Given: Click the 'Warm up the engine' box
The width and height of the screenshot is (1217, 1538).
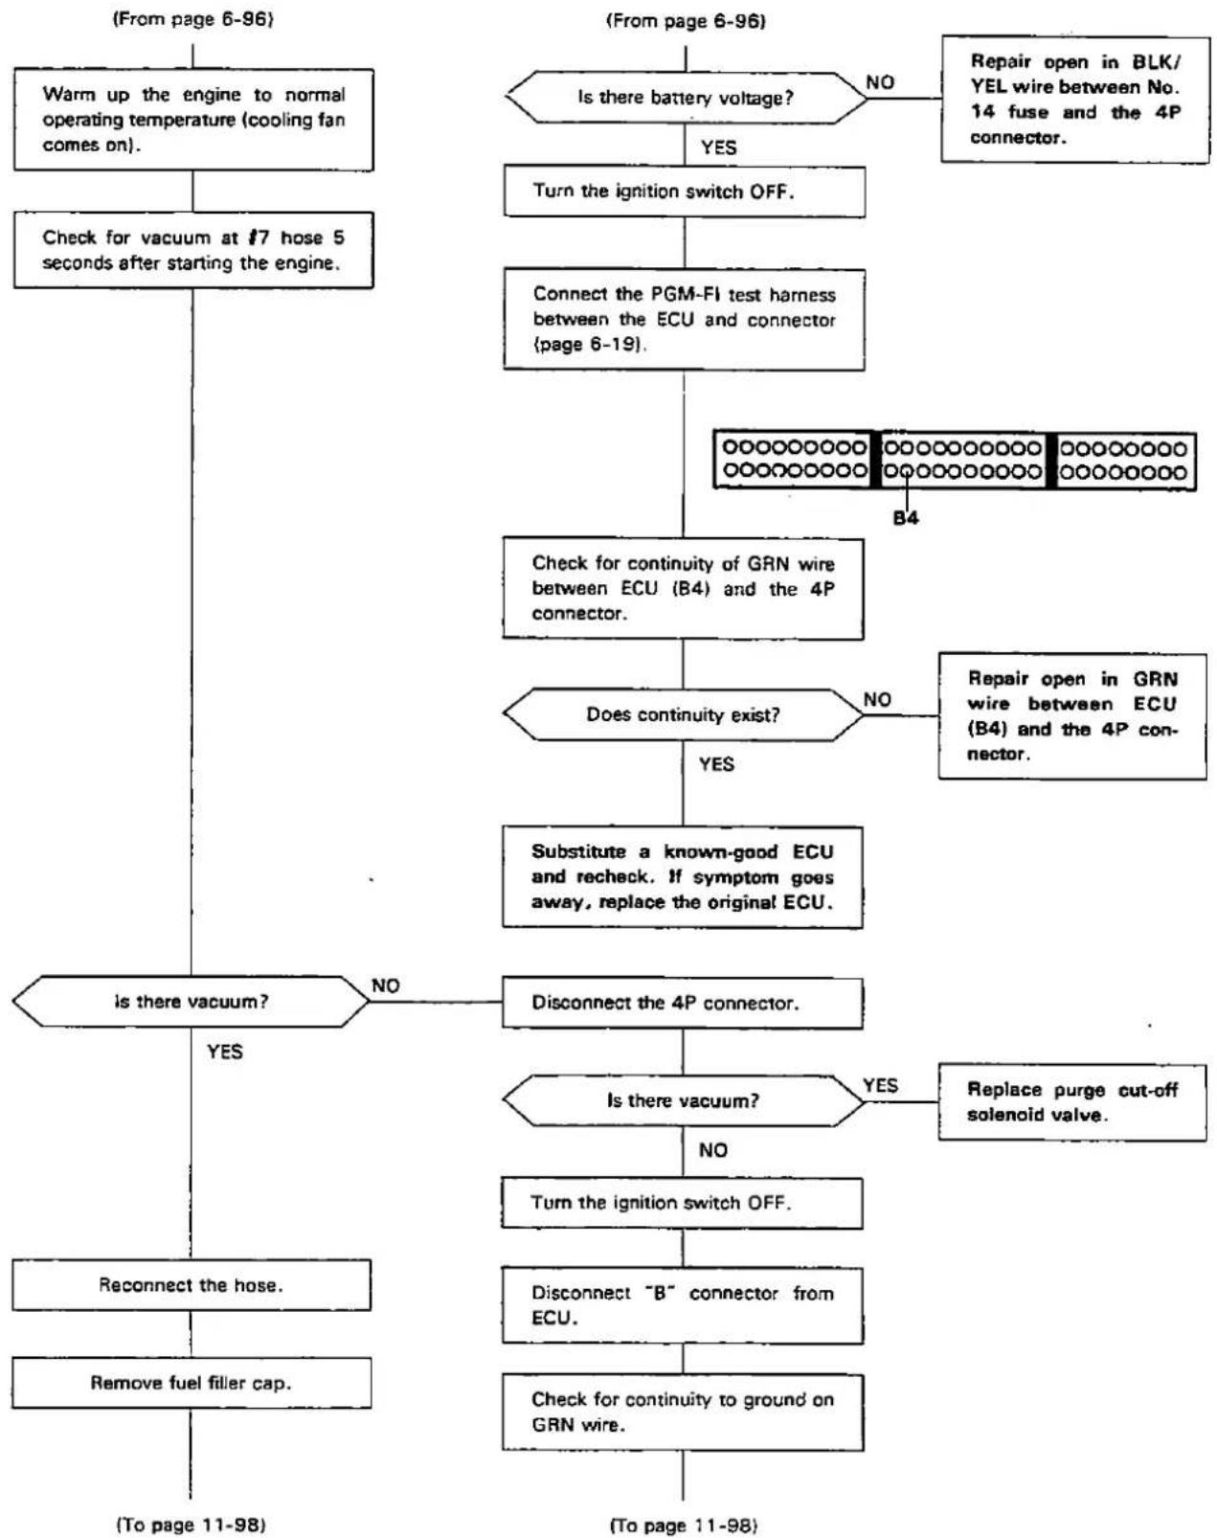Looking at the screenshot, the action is pyautogui.click(x=193, y=120).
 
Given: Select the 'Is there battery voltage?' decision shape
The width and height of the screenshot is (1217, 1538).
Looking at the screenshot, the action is pyautogui.click(x=686, y=97).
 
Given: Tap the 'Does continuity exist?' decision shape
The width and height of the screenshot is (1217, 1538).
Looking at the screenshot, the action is pyautogui.click(x=683, y=714).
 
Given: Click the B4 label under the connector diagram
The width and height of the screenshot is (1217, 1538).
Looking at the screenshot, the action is pyautogui.click(x=906, y=517).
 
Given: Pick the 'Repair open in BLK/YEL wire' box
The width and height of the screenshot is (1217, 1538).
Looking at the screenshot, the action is pyautogui.click(x=1074, y=100).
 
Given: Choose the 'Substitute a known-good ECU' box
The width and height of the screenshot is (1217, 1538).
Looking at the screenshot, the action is pyautogui.click(x=683, y=877).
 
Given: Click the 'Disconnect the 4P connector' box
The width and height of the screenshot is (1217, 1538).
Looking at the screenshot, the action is pyautogui.click(x=683, y=1003).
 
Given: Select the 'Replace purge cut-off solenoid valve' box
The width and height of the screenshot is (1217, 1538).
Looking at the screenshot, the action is pyautogui.click(x=1071, y=1101).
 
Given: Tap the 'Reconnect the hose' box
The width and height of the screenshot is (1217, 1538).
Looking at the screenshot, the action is pyautogui.click(x=192, y=1285).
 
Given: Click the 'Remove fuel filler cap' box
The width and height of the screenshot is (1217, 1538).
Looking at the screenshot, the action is pyautogui.click(x=192, y=1383).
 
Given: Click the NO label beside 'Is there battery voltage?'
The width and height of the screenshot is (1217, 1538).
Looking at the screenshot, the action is pyautogui.click(x=880, y=83).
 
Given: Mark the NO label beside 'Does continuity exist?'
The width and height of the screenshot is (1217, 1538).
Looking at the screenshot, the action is pyautogui.click(x=877, y=699).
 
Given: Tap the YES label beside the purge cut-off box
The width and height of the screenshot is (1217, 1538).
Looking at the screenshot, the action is pyautogui.click(x=880, y=1085).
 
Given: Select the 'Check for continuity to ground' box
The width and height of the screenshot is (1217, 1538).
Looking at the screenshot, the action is pyautogui.click(x=683, y=1413).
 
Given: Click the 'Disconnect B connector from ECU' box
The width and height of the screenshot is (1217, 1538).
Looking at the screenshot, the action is pyautogui.click(x=683, y=1305).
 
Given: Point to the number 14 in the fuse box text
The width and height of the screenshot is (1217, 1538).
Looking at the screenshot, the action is pyautogui.click(x=982, y=112).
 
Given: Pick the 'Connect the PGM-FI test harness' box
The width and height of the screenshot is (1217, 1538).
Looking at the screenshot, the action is pyautogui.click(x=685, y=320).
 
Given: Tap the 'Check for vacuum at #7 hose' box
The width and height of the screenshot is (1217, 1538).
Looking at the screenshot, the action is pyautogui.click(x=193, y=250).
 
